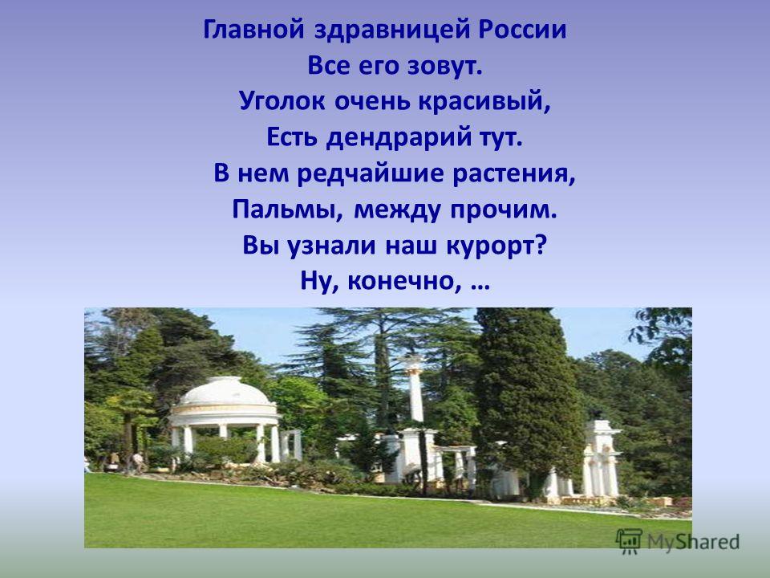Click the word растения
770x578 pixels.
(x=513, y=175)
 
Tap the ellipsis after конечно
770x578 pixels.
(x=480, y=287)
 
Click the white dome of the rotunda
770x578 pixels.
(x=225, y=392)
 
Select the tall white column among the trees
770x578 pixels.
(x=415, y=389)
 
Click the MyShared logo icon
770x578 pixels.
(x=629, y=542)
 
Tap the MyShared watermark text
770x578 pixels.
(x=693, y=542)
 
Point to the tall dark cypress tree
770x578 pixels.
(x=528, y=393)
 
